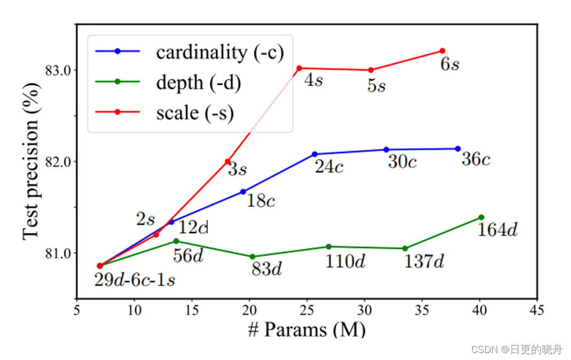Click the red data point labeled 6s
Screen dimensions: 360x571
click(x=442, y=51)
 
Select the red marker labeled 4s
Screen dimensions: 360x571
click(x=299, y=68)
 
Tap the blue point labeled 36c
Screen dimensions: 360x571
click(x=458, y=149)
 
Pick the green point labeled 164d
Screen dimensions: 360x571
click(x=481, y=217)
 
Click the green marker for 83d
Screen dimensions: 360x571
click(x=252, y=257)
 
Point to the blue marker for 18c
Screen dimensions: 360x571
click(x=243, y=191)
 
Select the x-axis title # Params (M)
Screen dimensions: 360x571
click(x=307, y=330)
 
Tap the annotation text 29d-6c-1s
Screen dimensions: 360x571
click(x=134, y=280)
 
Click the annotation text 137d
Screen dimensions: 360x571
click(x=424, y=262)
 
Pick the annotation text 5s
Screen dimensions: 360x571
click(x=376, y=85)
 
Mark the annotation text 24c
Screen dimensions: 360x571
click(x=329, y=167)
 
